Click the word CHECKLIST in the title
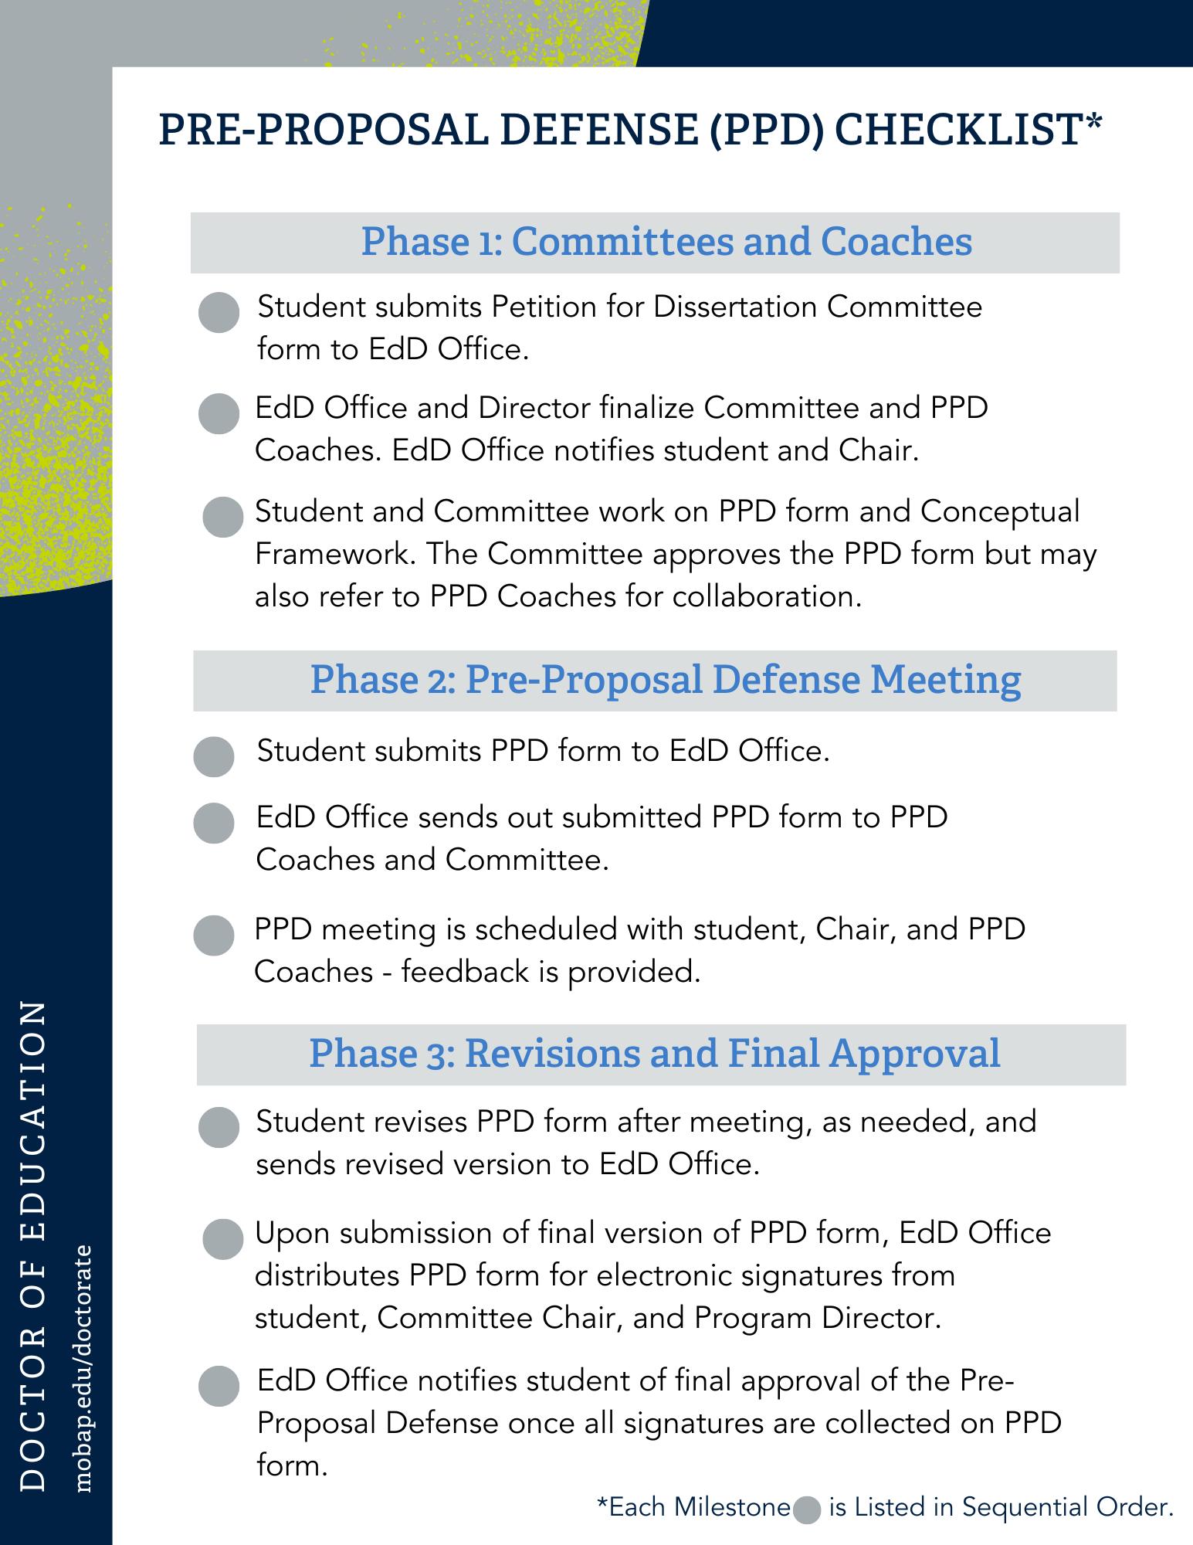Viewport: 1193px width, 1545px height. (957, 129)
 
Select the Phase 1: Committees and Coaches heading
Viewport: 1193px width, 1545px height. (666, 242)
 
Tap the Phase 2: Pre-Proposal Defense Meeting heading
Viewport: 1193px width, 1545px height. (666, 680)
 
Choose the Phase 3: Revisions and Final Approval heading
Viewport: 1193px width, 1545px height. (655, 1054)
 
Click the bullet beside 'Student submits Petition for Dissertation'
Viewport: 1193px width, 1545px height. (219, 313)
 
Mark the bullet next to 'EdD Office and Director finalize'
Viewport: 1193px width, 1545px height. (219, 413)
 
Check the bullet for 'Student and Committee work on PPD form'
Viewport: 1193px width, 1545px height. (222, 517)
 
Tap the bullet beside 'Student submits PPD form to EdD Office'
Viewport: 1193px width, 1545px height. (214, 756)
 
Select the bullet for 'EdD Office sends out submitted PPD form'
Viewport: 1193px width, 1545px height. (214, 823)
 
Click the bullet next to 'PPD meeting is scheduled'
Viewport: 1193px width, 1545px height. (214, 935)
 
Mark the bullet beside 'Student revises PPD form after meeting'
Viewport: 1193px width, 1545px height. (219, 1127)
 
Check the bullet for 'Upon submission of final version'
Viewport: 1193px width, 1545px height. (222, 1239)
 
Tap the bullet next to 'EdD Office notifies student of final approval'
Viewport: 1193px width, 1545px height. (219, 1385)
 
